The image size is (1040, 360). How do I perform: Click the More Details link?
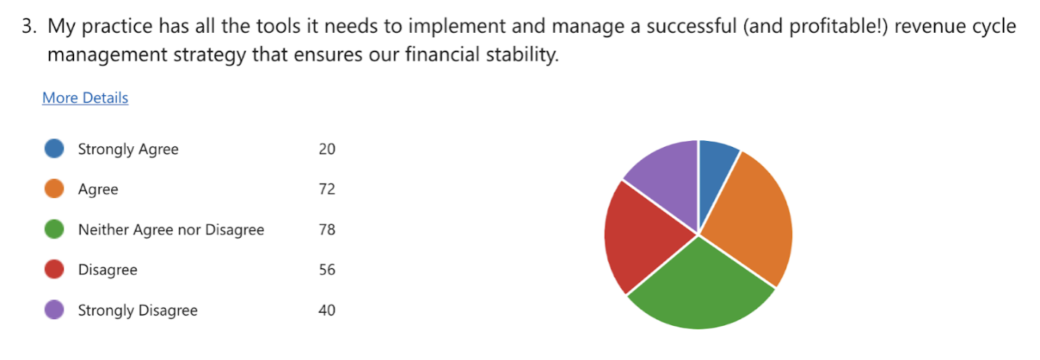(85, 98)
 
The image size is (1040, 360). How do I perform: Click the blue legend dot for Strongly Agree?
(55, 148)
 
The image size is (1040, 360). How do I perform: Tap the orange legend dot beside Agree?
(55, 188)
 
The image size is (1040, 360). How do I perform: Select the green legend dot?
(55, 229)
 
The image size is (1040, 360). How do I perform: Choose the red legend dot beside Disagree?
(55, 269)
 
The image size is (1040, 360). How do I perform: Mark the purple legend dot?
(55, 310)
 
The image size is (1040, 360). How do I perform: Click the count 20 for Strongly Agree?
(327, 148)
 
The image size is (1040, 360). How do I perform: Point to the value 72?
(327, 189)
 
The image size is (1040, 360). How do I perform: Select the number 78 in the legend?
(327, 230)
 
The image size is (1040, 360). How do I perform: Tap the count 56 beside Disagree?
(327, 269)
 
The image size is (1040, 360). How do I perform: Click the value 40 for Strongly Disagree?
(327, 310)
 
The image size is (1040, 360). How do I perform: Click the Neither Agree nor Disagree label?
(171, 230)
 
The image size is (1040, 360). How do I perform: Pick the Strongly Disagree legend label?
(138, 311)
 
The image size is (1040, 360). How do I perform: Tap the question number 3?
(29, 26)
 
